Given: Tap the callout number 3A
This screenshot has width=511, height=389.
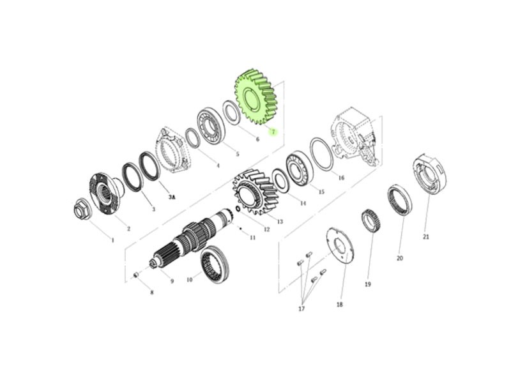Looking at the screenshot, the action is click(x=172, y=197).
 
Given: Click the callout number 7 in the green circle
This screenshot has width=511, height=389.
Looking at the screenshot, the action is click(x=273, y=132).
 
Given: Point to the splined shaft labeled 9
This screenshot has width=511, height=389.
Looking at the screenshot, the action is click(x=190, y=238).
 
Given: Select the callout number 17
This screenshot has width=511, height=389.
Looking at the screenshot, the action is click(x=301, y=309).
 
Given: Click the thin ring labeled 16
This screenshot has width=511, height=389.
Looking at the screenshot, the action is click(x=322, y=154).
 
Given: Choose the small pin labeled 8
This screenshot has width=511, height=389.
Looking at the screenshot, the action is click(x=137, y=275).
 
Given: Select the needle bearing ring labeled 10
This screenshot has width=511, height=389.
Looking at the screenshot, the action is click(x=215, y=264).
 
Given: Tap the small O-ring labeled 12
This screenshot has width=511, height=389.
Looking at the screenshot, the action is click(x=237, y=208).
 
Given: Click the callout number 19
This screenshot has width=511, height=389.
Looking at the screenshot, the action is click(x=368, y=284).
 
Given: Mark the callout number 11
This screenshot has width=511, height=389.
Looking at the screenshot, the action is click(x=252, y=238).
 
